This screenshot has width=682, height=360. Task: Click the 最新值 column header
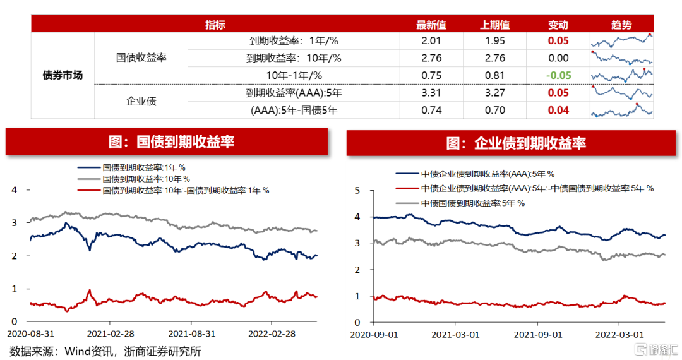[x=431, y=25]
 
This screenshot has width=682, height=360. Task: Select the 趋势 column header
[x=621, y=25]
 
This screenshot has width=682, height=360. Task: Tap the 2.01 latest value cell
[x=431, y=41]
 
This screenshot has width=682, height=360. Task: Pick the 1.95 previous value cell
[x=495, y=41]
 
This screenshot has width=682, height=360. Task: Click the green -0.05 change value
[x=558, y=75]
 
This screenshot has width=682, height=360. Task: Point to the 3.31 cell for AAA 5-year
[x=431, y=93]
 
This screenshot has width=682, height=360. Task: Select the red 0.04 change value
[x=558, y=110]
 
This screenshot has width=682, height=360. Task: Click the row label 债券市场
[x=63, y=75]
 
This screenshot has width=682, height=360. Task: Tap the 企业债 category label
[x=141, y=101]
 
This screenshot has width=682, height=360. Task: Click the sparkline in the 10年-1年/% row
[x=621, y=75]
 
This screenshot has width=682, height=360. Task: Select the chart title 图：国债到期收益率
[x=171, y=141]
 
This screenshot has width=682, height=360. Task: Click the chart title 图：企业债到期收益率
[x=516, y=143]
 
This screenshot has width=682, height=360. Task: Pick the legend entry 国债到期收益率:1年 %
[x=131, y=167]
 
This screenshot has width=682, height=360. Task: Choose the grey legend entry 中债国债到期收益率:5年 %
[x=460, y=203]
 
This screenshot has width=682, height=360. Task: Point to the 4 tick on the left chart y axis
[x=15, y=190]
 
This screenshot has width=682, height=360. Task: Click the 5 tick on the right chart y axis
[x=357, y=191]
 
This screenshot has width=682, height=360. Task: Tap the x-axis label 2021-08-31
[x=192, y=333]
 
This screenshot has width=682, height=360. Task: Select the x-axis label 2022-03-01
[x=619, y=334]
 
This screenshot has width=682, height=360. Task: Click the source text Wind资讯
[x=89, y=351]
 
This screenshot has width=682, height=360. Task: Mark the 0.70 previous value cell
[x=495, y=110]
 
